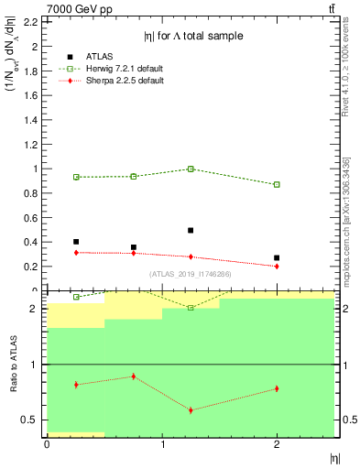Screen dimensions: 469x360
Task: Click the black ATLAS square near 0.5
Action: (x=76, y=242)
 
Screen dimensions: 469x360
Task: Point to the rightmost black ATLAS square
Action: (x=277, y=258)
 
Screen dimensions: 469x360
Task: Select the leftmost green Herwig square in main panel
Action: (x=76, y=177)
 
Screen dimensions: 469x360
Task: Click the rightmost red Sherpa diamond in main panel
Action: (x=277, y=266)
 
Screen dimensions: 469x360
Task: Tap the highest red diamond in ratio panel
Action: (x=134, y=376)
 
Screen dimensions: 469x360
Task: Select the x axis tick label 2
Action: (x=277, y=445)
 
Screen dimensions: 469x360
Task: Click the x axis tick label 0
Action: (x=47, y=445)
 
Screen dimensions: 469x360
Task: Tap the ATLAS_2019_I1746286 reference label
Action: (x=191, y=274)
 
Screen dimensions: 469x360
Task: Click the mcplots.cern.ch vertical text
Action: (x=349, y=229)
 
